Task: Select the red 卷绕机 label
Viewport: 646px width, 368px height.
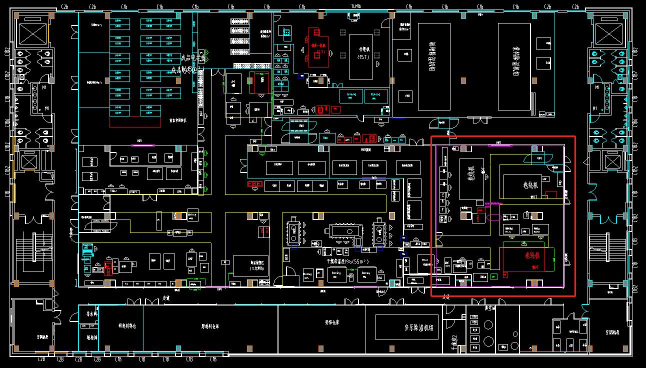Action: [x=532, y=255]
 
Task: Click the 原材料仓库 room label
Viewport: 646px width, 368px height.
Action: [x=210, y=326]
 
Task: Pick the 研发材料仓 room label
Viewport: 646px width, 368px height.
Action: [x=127, y=326]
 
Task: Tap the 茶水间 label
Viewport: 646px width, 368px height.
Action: [x=91, y=314]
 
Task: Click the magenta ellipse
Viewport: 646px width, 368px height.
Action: [x=494, y=217]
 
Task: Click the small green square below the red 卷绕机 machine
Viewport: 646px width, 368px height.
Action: [x=493, y=276]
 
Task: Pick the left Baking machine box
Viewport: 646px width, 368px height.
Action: [x=336, y=274]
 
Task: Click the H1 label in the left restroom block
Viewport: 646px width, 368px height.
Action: [x=44, y=87]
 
